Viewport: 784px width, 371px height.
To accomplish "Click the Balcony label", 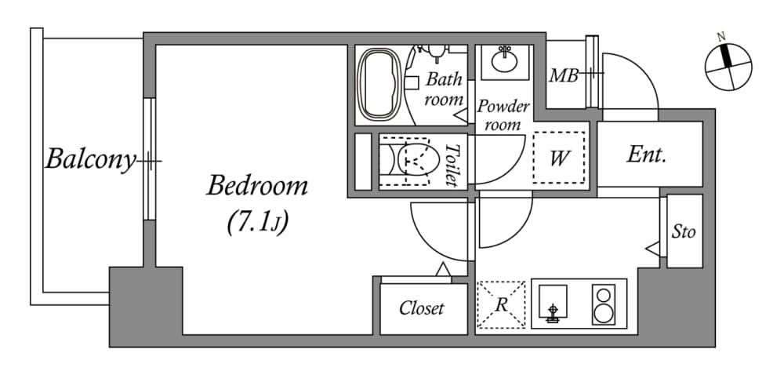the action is [x=90, y=159].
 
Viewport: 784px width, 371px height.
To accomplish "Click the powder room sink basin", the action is [x=504, y=60].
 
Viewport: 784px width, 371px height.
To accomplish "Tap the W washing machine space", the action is [x=558, y=158].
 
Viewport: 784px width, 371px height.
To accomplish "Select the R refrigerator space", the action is [x=502, y=304].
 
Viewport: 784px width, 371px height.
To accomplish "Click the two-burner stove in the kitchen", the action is [x=604, y=304].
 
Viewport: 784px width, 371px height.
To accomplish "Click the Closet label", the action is [x=422, y=308].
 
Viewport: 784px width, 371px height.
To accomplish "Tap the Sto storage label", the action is [x=684, y=232].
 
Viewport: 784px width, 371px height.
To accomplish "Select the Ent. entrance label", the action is [x=647, y=155].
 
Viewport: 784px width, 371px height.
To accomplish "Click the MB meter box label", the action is [x=564, y=76].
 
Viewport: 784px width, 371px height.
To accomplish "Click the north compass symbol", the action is [x=728, y=67].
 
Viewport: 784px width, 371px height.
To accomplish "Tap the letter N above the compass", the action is [x=720, y=37].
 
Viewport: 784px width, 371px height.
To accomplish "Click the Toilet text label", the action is [x=452, y=165].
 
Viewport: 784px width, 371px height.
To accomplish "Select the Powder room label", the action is [x=503, y=115].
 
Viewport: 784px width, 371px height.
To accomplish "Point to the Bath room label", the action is [x=444, y=89].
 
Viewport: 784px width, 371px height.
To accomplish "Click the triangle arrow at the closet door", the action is [x=443, y=269].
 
